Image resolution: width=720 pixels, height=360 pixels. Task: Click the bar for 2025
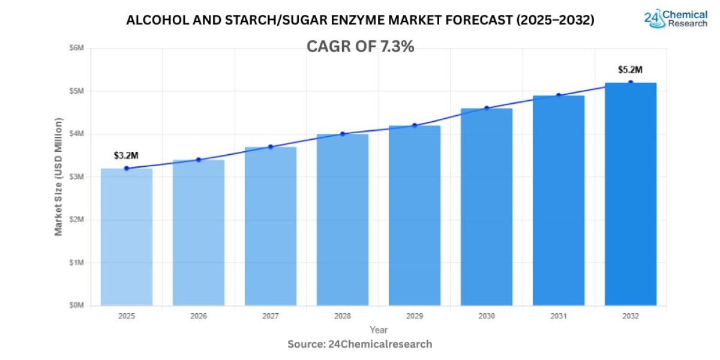126,237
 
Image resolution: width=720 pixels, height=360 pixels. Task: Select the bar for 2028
342,220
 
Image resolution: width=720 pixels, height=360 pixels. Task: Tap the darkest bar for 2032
630,194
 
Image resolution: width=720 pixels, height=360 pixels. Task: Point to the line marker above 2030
487,108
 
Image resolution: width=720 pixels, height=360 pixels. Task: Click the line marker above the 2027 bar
271,146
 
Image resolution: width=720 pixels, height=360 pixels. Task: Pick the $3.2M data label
126,156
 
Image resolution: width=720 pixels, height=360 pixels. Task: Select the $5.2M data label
630,70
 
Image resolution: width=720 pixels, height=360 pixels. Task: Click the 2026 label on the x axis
198,316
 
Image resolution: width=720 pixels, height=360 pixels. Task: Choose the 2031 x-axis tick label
558,316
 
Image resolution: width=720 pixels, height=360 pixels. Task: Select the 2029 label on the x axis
414,316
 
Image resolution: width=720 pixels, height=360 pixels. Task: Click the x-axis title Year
379,330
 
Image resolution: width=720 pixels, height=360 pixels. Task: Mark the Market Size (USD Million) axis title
59,176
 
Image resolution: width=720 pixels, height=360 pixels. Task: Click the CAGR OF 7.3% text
360,47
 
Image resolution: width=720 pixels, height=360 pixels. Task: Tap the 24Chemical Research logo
676,19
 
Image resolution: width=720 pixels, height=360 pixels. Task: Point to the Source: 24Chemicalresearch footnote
360,344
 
